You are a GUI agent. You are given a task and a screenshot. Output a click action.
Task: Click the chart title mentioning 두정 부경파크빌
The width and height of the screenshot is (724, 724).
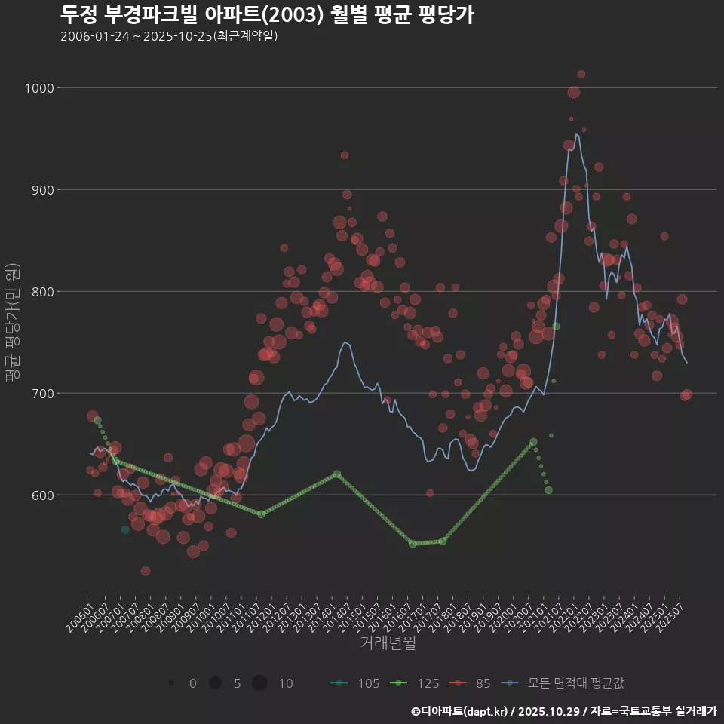[267, 14]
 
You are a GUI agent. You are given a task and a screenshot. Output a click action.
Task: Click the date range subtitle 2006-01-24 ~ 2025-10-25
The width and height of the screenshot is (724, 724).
[169, 36]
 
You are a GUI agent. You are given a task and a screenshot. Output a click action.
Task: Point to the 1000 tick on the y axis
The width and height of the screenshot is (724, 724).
[38, 88]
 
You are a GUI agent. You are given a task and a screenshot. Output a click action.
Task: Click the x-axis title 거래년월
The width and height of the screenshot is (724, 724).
[388, 643]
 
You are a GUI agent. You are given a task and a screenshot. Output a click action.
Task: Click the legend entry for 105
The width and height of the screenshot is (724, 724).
[354, 683]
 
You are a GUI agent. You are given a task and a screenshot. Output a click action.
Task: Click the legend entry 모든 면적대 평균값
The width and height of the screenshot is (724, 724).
[564, 683]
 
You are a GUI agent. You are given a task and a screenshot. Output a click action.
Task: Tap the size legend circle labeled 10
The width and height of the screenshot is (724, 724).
[259, 683]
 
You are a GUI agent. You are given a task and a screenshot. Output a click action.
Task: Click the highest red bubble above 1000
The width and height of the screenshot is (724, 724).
[581, 74]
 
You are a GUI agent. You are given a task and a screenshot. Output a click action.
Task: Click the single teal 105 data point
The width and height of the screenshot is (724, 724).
[125, 529]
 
